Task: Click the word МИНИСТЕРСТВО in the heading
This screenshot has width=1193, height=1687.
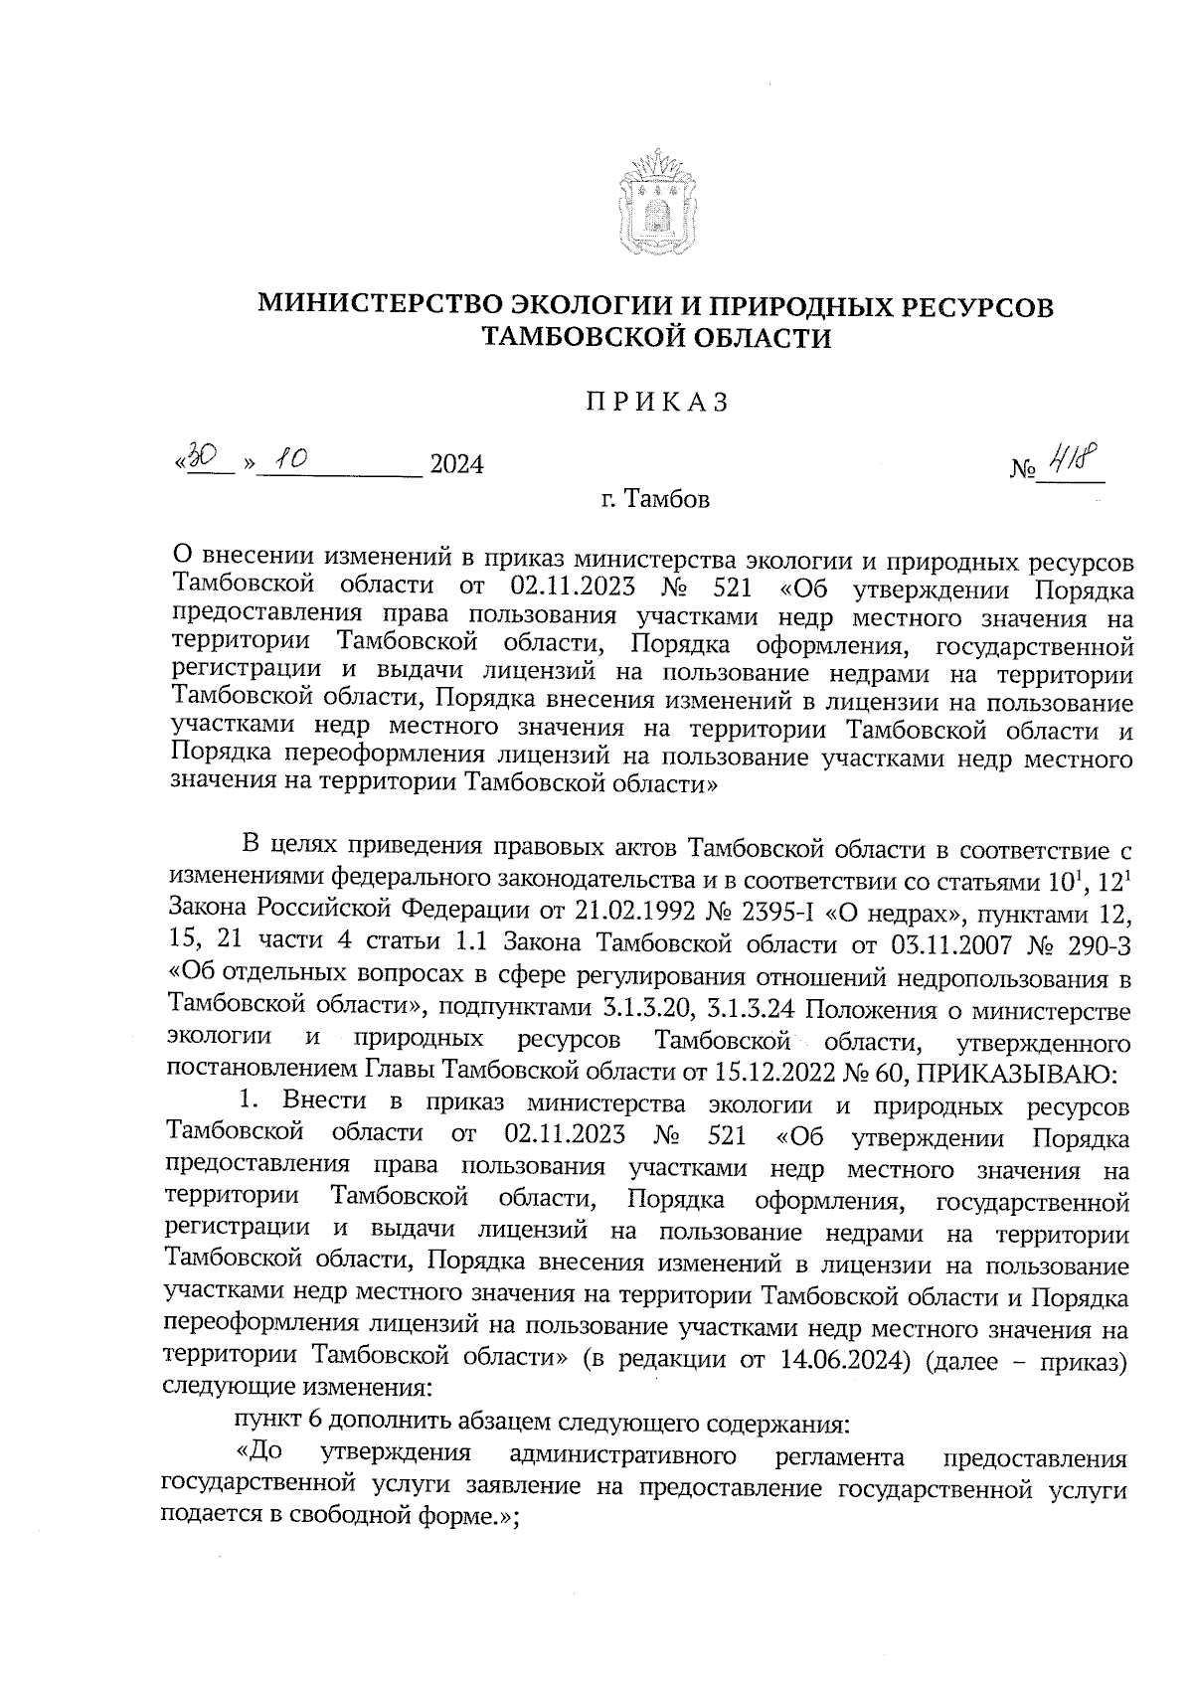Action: [x=381, y=306]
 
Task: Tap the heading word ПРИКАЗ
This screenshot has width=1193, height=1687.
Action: [x=656, y=402]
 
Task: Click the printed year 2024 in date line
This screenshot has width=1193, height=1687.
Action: [x=455, y=464]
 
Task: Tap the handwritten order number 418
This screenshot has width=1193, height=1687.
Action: [x=1072, y=459]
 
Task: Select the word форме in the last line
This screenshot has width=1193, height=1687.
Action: [x=462, y=1519]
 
